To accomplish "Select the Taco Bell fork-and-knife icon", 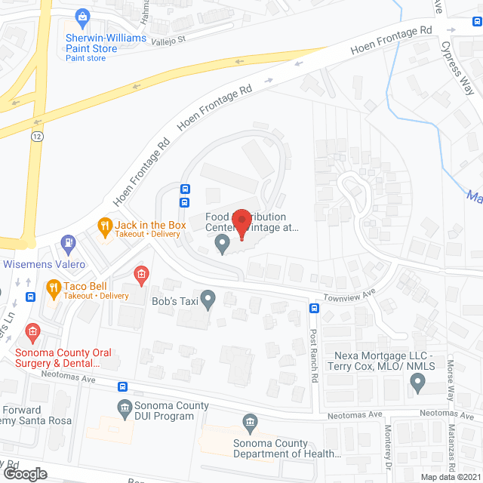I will click(x=53, y=287).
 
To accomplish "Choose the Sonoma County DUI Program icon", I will click(x=125, y=408).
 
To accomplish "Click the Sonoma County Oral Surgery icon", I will click(x=32, y=331).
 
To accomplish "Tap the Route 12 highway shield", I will click(x=37, y=137).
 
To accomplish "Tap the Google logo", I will click(x=24, y=474).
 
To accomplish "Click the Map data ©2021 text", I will click(x=450, y=477).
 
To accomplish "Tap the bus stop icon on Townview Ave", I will click(x=313, y=307).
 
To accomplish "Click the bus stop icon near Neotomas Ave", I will click(x=123, y=386).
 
